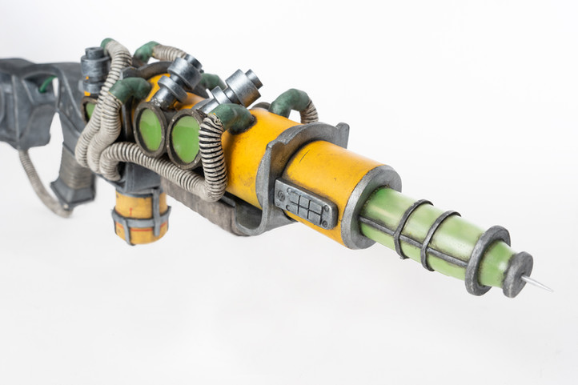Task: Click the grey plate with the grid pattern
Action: tap(305, 203)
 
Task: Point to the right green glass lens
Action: tap(186, 138)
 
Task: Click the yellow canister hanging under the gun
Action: tap(141, 216)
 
